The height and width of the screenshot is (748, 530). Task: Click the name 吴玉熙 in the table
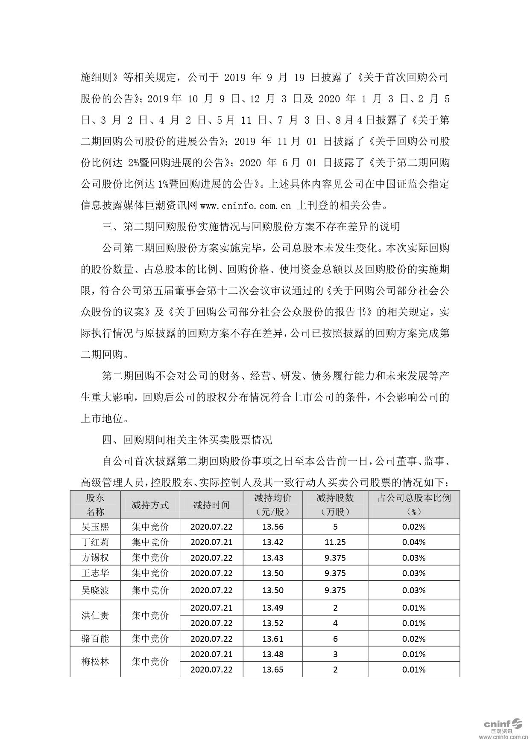point(95,527)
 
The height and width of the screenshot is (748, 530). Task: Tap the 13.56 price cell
point(273,527)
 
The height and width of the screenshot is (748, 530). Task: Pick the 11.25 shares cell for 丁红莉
point(335,542)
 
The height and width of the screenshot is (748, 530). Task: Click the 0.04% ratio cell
point(414,542)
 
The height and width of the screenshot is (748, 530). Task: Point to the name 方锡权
point(95,558)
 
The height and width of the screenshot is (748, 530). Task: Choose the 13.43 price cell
point(273,558)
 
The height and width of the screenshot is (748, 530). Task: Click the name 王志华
point(95,573)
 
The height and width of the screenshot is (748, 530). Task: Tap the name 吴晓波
point(95,590)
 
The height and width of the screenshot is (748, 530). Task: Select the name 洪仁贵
point(95,615)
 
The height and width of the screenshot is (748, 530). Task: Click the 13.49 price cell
point(273,608)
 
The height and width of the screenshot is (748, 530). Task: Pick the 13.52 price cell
point(273,623)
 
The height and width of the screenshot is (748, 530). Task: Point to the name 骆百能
point(95,639)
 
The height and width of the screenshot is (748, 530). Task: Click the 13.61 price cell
point(273,639)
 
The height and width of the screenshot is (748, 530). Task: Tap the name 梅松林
point(95,662)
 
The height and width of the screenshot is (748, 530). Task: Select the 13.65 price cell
point(273,670)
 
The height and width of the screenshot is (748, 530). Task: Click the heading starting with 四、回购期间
point(187,440)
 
